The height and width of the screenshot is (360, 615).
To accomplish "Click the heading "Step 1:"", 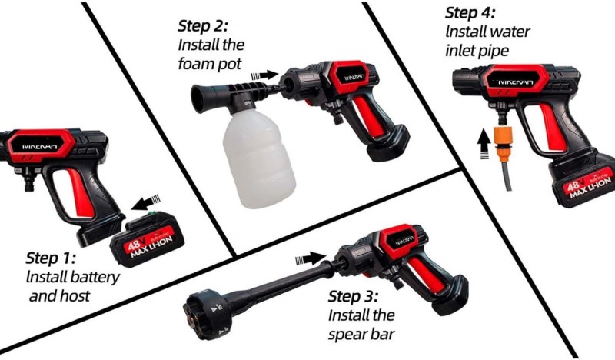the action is [51, 258].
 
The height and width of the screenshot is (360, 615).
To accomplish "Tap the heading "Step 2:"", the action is [202, 26].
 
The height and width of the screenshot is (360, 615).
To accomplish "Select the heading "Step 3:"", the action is [353, 296].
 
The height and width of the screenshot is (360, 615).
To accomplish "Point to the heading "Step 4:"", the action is [470, 13].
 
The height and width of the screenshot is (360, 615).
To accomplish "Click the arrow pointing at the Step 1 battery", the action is [146, 202].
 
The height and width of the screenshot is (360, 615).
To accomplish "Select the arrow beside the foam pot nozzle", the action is [264, 75].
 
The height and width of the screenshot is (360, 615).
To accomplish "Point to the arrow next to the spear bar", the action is [311, 258].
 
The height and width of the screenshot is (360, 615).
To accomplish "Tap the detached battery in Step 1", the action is [148, 238].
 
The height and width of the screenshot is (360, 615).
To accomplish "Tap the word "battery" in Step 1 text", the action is [96, 277].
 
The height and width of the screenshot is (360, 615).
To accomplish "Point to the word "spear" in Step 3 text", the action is [347, 335].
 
